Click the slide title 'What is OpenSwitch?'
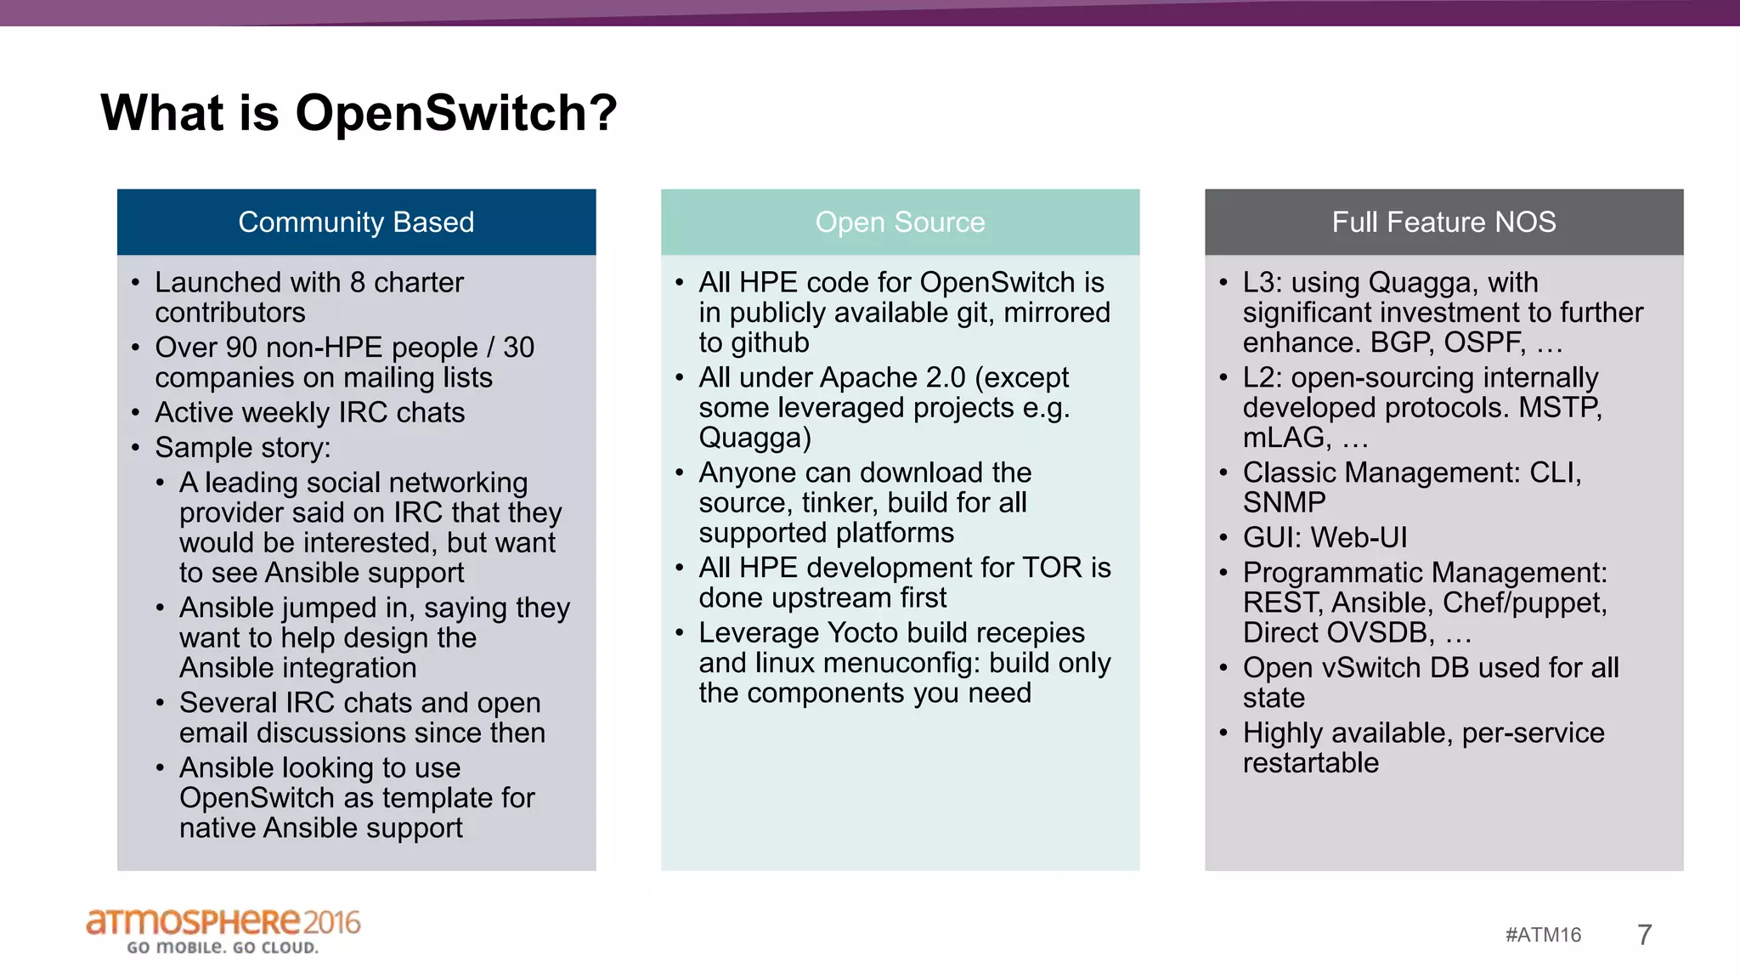358,112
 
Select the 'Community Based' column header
356,222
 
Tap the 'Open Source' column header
900,222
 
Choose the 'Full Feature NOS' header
1443,222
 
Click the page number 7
1644,935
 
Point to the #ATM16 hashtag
1543,935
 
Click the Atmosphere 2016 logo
223,922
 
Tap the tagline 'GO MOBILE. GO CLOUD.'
223,948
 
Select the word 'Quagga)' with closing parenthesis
754,438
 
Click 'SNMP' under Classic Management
1284,502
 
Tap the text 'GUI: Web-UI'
1325,537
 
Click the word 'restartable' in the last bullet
1310,763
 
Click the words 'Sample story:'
242,447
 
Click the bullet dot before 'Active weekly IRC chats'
135,413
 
